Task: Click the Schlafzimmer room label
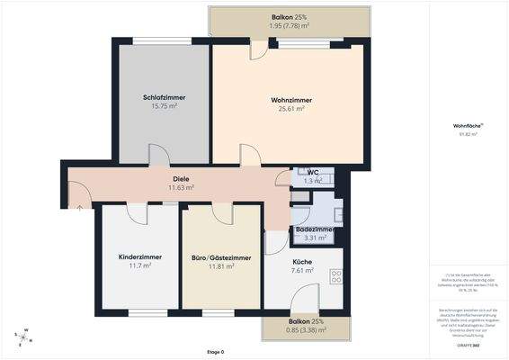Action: [163, 98]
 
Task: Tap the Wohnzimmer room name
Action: [288, 99]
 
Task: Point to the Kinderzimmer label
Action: [139, 257]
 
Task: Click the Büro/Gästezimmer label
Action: [221, 257]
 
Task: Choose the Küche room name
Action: [302, 261]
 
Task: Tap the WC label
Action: [312, 171]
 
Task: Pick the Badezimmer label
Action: [315, 229]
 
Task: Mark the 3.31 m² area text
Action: [315, 238]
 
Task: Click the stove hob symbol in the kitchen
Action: [336, 275]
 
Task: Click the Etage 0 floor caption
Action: [215, 351]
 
